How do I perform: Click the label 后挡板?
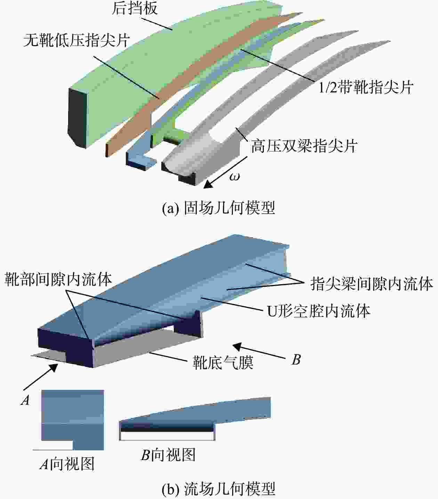click(x=135, y=9)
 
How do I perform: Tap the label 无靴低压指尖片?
click(x=76, y=40)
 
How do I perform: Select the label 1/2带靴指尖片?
click(x=366, y=88)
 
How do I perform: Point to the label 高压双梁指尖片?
click(x=304, y=146)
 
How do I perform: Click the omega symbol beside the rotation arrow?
click(x=234, y=176)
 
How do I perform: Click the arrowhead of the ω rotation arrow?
click(x=208, y=184)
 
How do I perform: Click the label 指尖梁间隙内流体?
click(x=372, y=284)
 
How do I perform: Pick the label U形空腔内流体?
click(x=319, y=311)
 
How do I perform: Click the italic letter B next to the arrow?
click(x=296, y=360)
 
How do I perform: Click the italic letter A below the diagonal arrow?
click(x=25, y=400)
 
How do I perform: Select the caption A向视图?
click(x=67, y=465)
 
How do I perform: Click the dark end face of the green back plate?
click(x=77, y=118)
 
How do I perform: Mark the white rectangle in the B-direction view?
click(x=167, y=436)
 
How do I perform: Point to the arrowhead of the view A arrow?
click(x=54, y=368)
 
